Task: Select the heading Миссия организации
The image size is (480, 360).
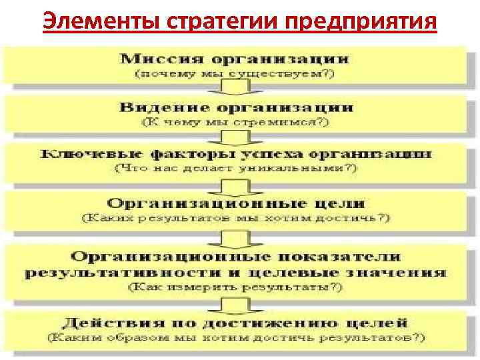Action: [x=234, y=59]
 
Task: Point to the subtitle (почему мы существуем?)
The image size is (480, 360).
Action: [x=234, y=75]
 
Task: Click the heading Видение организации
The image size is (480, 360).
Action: [x=237, y=107]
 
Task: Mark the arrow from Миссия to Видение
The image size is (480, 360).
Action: [x=235, y=89]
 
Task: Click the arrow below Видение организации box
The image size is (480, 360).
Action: [x=235, y=137]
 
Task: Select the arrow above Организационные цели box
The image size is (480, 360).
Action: [x=235, y=184]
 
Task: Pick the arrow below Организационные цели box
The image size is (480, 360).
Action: [x=235, y=235]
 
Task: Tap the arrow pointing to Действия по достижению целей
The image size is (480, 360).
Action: [x=235, y=305]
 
